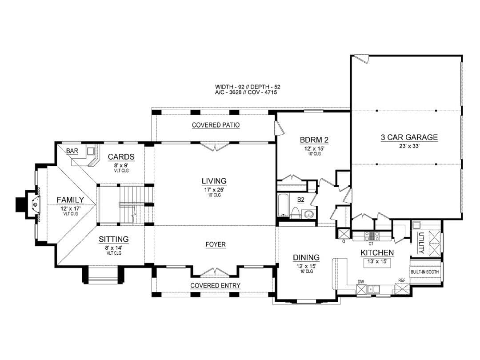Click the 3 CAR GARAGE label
[x=409, y=137]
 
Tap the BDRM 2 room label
[x=314, y=140]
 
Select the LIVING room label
[x=214, y=181]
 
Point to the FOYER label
[x=216, y=244]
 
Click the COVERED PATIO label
[x=216, y=125]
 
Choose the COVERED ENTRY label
[x=215, y=286]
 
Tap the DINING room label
[x=306, y=258]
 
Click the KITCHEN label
[x=377, y=253]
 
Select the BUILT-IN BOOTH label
[x=424, y=272]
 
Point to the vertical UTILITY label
[x=421, y=243]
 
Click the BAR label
[x=72, y=151]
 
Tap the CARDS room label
[x=121, y=157]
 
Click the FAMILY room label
[x=70, y=200]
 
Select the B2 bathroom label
[x=301, y=200]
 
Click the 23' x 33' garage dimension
[x=409, y=146]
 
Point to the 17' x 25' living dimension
[x=214, y=190]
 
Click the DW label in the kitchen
[x=360, y=282]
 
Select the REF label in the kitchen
[x=402, y=280]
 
